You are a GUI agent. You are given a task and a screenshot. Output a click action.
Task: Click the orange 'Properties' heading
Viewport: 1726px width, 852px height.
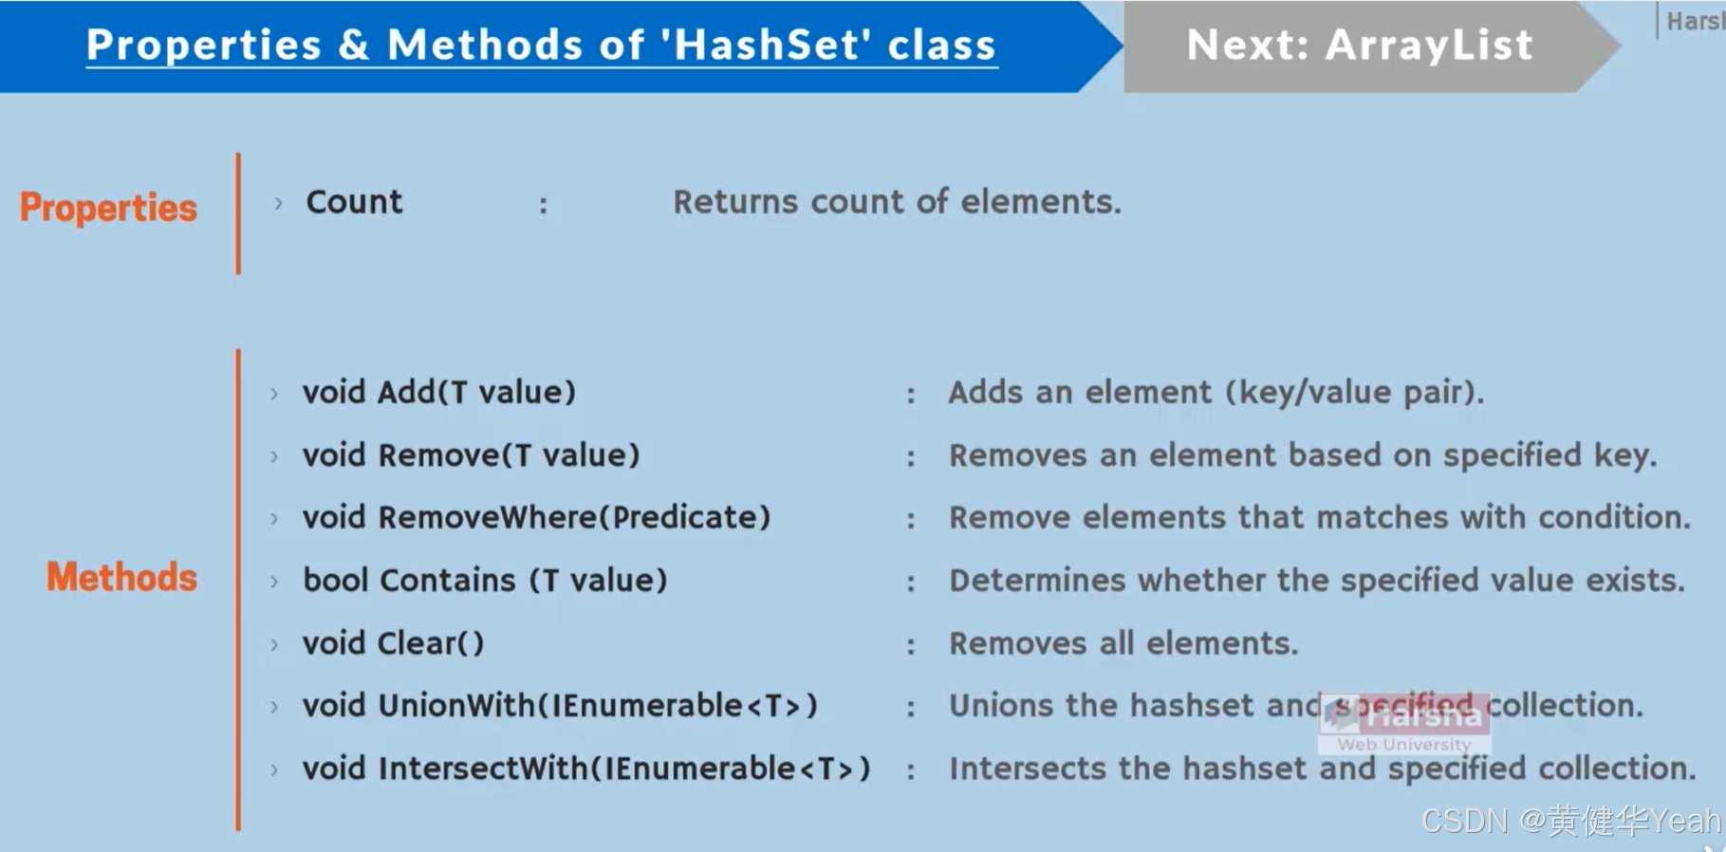point(108,208)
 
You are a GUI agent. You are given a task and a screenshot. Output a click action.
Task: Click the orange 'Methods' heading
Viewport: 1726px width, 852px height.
point(121,577)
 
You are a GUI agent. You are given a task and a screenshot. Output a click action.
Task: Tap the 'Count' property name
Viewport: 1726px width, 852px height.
point(354,202)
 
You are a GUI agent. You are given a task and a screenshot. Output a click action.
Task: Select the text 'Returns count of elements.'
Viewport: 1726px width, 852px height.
point(897,202)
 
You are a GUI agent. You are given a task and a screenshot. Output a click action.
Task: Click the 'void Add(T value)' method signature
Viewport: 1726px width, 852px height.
point(438,392)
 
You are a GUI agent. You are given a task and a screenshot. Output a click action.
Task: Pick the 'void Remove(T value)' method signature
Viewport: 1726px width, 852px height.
point(471,455)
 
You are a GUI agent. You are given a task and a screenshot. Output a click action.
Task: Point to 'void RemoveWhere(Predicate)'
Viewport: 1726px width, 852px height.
point(536,518)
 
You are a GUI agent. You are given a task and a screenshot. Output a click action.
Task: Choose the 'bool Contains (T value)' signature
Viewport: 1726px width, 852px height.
point(485,581)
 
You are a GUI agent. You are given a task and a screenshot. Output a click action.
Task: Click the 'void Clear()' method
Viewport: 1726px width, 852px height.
point(393,643)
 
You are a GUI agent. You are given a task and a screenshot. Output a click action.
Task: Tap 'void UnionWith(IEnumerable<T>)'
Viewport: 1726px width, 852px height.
point(560,706)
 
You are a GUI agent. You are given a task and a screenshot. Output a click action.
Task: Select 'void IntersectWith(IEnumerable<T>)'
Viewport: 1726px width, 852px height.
point(586,769)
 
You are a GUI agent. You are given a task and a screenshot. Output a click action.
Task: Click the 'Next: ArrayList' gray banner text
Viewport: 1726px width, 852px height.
point(1359,46)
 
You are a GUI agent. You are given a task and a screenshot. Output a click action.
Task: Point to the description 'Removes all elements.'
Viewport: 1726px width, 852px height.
point(1123,643)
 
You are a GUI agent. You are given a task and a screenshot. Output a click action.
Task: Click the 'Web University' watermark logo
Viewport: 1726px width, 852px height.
point(1403,744)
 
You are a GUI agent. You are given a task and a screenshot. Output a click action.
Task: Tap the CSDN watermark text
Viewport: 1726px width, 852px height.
point(1570,821)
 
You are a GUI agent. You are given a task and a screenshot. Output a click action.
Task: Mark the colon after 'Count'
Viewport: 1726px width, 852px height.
point(544,205)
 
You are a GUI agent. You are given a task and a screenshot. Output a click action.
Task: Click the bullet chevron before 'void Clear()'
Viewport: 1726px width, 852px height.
point(274,645)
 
